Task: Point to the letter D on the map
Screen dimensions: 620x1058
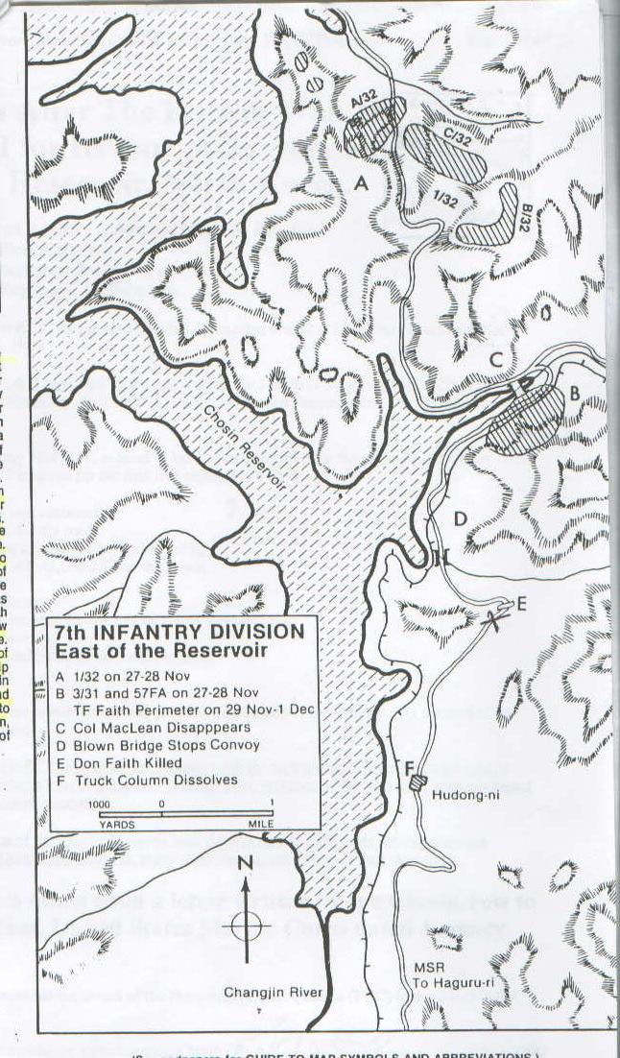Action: click(x=460, y=519)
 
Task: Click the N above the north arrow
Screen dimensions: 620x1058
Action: click(x=245, y=864)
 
